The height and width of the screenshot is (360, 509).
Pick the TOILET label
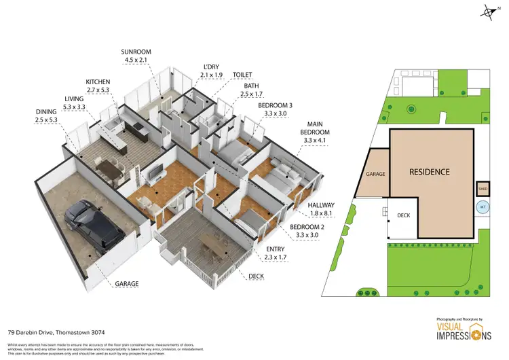pos(242,75)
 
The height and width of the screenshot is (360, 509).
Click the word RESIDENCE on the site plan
pos(429,172)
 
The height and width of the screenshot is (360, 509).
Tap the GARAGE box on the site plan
pos(375,174)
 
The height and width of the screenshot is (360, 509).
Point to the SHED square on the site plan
pos(483,190)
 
